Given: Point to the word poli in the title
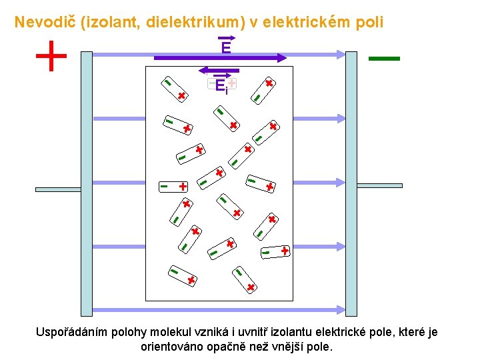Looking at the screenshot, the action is [369, 22].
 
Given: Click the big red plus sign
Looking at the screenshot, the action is [51, 55].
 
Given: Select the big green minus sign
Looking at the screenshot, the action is [384, 59].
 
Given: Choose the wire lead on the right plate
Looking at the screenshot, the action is [379, 185].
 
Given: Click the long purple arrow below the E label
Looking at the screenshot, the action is [220, 59].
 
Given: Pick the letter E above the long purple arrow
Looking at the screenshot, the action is [226, 47].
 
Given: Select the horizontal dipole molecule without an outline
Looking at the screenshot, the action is [173, 187].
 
